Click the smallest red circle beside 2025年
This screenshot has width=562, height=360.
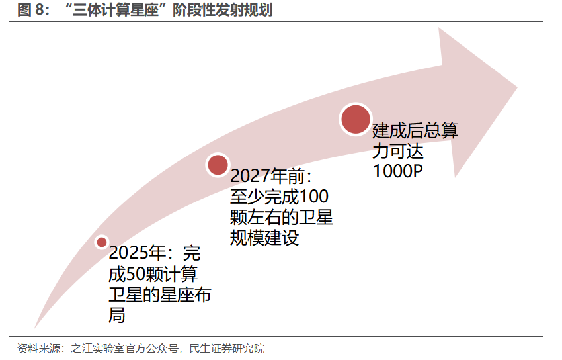pyautogui.click(x=102, y=242)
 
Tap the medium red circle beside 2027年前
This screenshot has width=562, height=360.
pyautogui.click(x=218, y=165)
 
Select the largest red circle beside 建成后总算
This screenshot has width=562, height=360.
pyautogui.click(x=354, y=118)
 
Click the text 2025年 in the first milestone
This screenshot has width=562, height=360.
pyautogui.click(x=136, y=253)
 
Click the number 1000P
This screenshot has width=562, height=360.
pyautogui.click(x=398, y=171)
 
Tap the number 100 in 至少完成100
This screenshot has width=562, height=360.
pyautogui.click(x=315, y=197)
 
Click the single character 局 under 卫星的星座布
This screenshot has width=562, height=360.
pyautogui.click(x=116, y=315)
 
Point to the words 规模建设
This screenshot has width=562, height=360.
pyautogui.click(x=264, y=238)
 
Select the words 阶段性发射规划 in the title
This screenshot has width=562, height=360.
pyautogui.click(x=222, y=10)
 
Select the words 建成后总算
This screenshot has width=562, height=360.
pyautogui.click(x=415, y=130)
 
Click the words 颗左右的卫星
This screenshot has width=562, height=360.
pyautogui.click(x=282, y=218)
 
